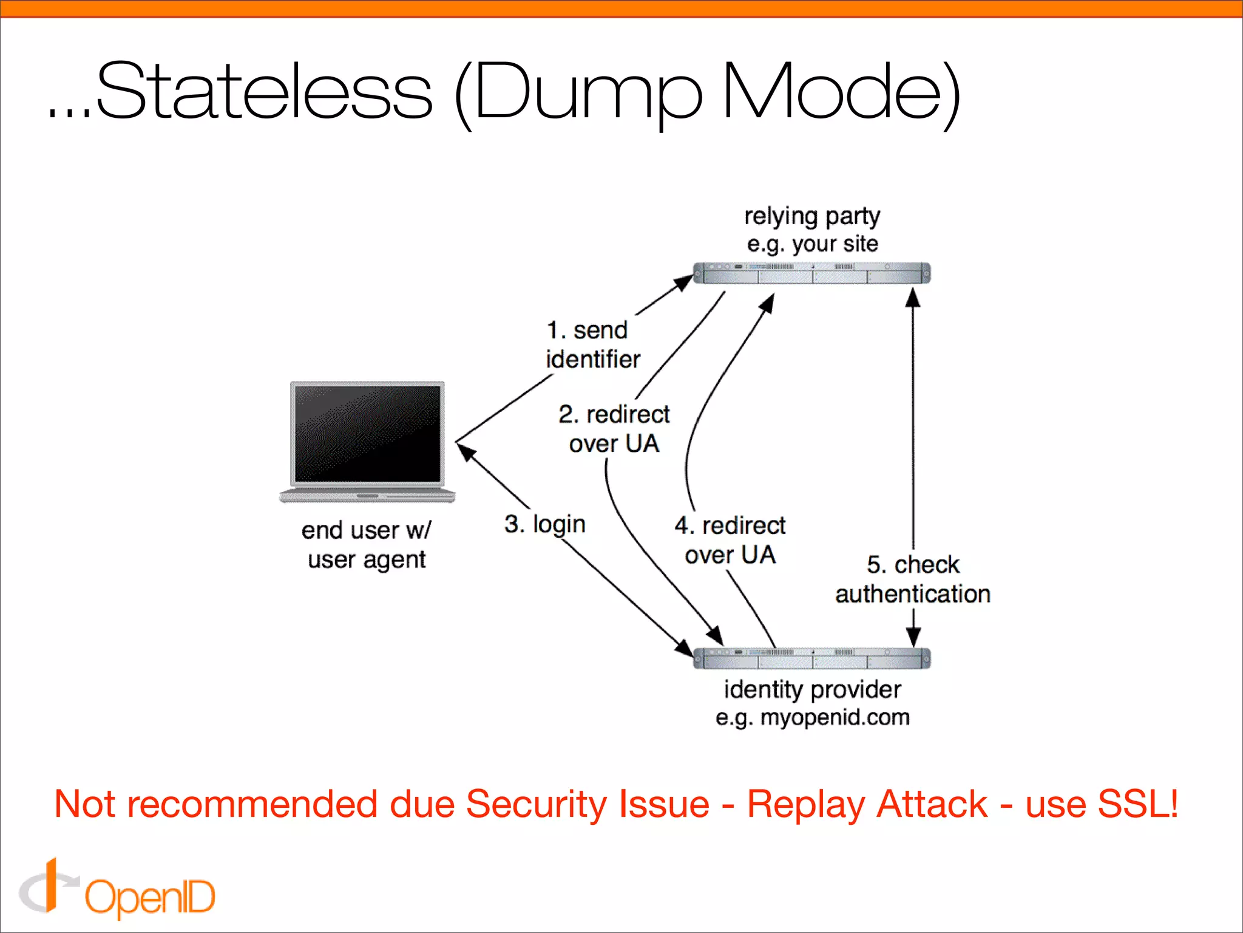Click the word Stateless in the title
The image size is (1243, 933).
264,91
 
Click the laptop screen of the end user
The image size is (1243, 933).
367,432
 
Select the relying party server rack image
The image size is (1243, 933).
811,273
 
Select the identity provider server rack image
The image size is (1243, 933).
811,658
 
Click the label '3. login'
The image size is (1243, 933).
544,524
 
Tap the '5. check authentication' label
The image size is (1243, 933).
912,579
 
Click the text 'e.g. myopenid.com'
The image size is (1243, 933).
812,717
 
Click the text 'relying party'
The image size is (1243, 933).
812,216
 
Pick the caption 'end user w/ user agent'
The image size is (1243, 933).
366,544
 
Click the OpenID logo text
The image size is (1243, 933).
149,897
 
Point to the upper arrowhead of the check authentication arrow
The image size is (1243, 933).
913,297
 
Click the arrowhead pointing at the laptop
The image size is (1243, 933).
466,452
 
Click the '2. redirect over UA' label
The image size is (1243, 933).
614,429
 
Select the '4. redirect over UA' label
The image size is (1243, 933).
730,539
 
